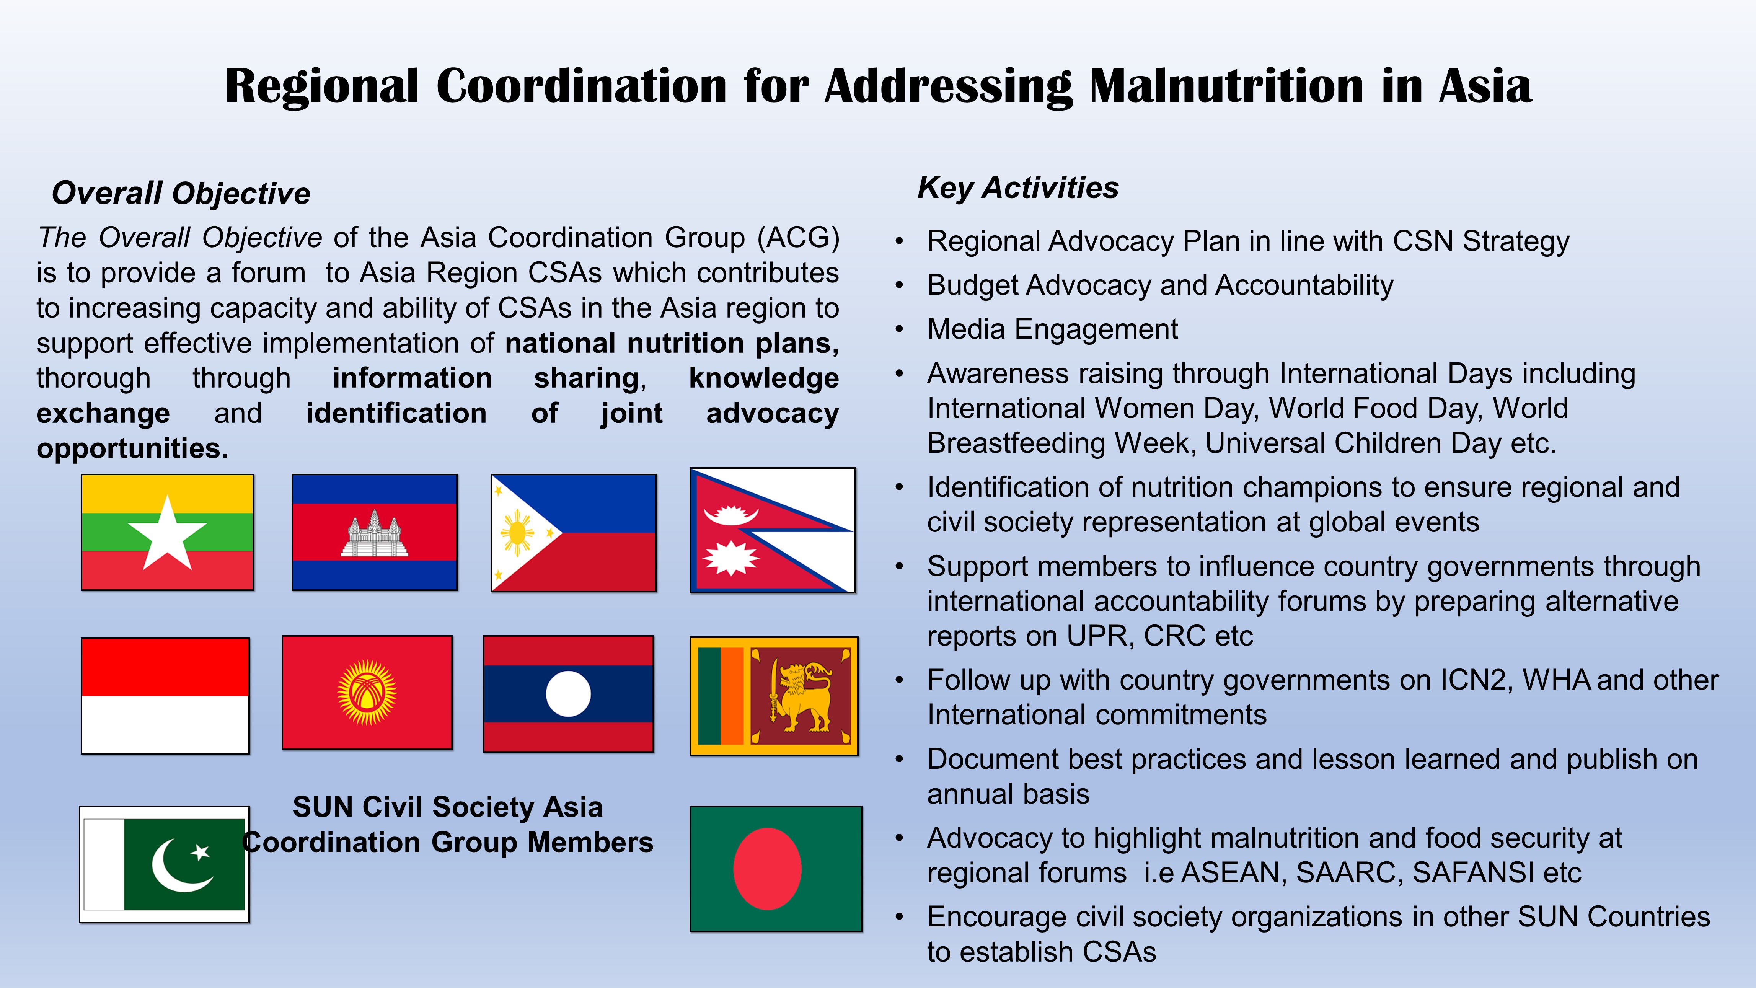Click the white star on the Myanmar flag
pyautogui.click(x=167, y=534)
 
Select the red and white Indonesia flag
pyautogui.click(x=165, y=696)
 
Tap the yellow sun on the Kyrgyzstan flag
pyautogui.click(x=367, y=693)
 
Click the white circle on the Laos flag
pyautogui.click(x=568, y=693)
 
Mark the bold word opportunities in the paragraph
pyautogui.click(x=132, y=449)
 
